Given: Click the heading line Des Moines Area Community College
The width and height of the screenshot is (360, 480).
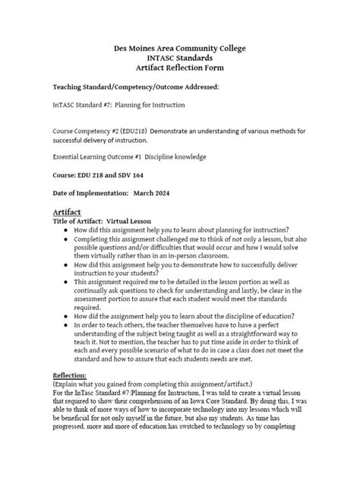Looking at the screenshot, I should coord(180,48).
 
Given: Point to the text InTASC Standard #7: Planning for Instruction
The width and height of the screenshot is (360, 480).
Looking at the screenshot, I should coord(118,105).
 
